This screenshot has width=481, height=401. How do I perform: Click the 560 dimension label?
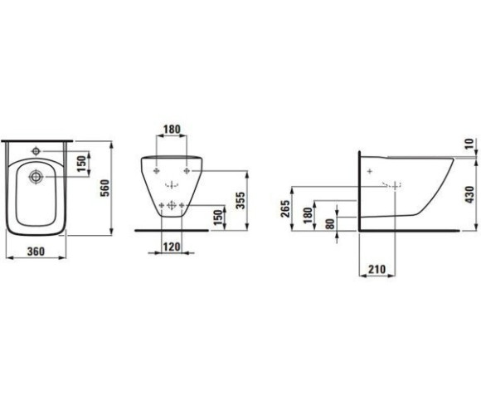point(105,188)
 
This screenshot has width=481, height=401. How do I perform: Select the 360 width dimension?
point(36,252)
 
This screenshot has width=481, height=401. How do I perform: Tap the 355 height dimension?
point(240,201)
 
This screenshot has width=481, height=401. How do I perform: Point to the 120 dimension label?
point(172,247)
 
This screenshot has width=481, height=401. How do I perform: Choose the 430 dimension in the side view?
point(469,194)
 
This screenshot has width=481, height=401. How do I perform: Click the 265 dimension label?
point(285,208)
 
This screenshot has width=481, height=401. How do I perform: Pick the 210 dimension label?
point(377,269)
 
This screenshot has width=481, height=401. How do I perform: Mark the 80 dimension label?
point(330,223)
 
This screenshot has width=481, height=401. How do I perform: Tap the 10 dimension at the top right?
point(469,144)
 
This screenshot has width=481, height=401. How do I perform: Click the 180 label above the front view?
point(172,130)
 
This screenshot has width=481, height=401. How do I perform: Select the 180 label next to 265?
point(308,215)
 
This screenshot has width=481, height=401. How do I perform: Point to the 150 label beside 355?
point(218,218)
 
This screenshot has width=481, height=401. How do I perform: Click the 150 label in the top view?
point(81,164)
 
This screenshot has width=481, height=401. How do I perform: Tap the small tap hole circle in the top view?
point(36,151)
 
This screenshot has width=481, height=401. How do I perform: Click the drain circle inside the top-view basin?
point(36,177)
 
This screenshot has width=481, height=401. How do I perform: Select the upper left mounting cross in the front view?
point(157,171)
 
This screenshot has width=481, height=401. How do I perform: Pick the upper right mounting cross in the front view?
point(187,171)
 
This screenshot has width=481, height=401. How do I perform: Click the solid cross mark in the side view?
point(370,171)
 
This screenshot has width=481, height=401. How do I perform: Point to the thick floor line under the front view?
point(172,230)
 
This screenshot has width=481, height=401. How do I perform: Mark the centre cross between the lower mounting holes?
point(172,205)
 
